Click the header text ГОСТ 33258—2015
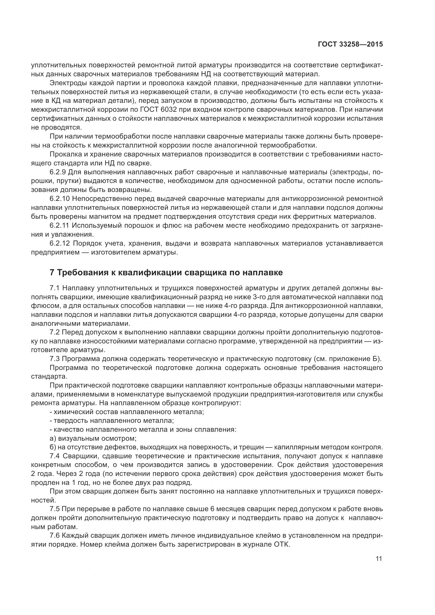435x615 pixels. pos(350,44)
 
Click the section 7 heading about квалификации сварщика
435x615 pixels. pos(166,273)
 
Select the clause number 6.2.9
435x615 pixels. pos(58,172)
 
